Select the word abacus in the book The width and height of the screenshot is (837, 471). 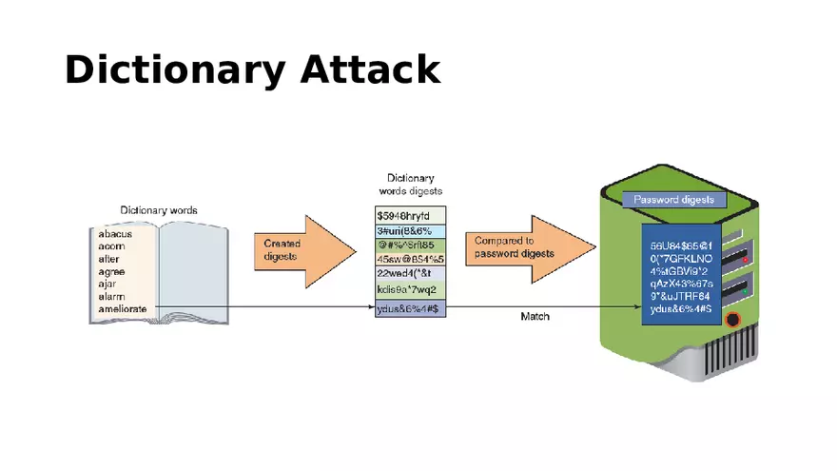[x=115, y=233]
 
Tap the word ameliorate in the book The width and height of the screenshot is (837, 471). [x=122, y=309]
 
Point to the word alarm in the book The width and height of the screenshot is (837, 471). [x=112, y=296]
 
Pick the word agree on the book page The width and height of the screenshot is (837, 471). [x=111, y=271]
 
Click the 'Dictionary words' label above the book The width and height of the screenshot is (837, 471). [x=159, y=209]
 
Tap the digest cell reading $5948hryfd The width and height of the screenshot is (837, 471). [x=410, y=215]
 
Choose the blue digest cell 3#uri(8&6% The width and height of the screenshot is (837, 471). [x=410, y=230]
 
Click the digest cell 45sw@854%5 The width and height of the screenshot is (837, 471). [x=410, y=259]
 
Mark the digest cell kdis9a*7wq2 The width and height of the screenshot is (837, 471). [x=410, y=288]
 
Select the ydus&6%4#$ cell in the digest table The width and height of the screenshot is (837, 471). [x=410, y=309]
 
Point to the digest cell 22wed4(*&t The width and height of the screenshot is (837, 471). [x=410, y=273]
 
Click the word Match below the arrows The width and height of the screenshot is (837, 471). [x=535, y=316]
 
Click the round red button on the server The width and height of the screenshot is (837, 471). [x=732, y=320]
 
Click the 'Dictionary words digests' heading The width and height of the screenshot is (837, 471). [x=411, y=184]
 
